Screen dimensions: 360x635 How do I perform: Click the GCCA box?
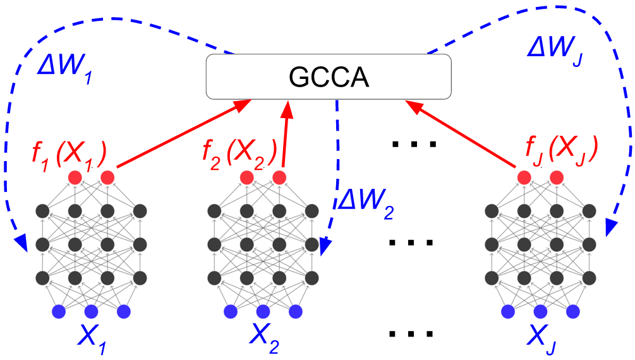click(329, 76)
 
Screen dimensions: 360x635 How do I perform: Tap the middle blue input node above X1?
click(91, 311)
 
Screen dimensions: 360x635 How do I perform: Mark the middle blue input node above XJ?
click(540, 311)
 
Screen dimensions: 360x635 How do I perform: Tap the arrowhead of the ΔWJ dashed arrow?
click(610, 229)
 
